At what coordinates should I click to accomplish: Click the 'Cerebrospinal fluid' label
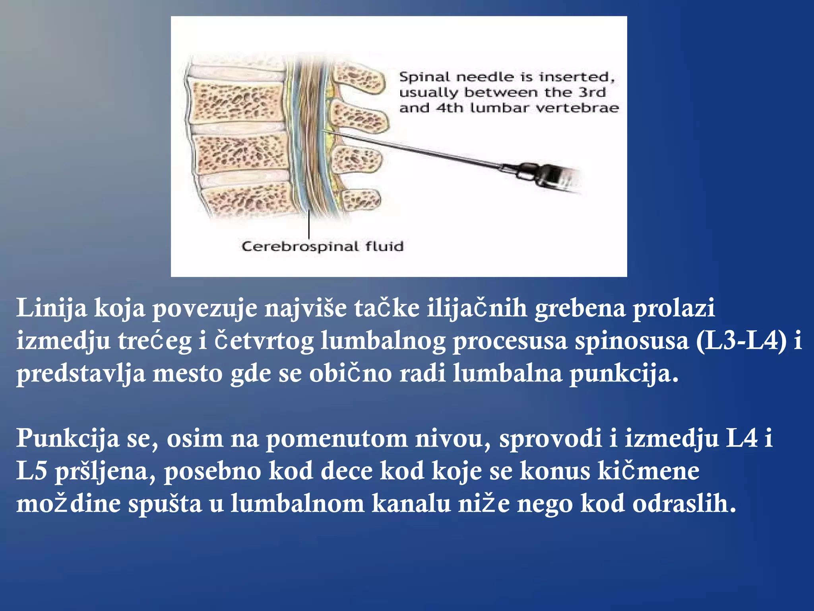(322, 247)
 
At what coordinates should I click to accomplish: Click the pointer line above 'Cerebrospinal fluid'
(309, 225)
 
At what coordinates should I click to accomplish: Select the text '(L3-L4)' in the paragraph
(742, 341)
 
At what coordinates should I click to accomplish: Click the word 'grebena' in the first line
(580, 308)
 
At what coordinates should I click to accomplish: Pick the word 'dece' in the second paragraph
(347, 471)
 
